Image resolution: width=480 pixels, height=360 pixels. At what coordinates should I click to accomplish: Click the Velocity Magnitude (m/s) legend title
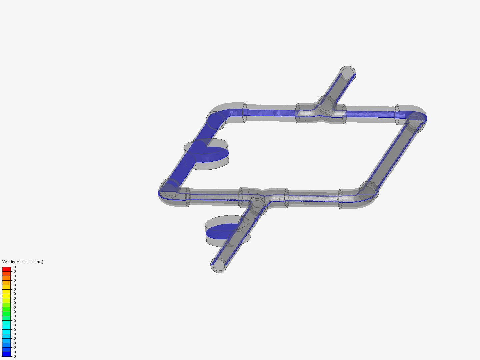23,262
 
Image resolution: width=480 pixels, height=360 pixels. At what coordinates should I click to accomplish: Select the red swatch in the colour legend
6,269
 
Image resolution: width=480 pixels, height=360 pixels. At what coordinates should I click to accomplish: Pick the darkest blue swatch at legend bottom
6,354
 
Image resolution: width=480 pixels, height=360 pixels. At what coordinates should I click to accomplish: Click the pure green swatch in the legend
6,314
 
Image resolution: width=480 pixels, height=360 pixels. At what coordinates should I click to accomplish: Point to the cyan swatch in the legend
6,327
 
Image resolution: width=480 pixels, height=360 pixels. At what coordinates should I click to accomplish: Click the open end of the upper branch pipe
348,73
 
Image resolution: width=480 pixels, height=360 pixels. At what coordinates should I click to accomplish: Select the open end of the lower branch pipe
219,266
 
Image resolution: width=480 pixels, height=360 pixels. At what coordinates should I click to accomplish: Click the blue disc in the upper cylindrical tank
213,154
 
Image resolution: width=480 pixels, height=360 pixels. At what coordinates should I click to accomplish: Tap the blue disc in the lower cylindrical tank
222,231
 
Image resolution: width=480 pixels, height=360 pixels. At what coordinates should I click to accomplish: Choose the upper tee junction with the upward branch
326,105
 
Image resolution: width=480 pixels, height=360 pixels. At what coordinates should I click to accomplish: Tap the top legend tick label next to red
15,267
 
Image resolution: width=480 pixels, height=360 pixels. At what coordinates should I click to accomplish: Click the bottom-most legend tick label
15,356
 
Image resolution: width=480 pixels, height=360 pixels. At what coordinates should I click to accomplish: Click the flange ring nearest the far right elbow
397,115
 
